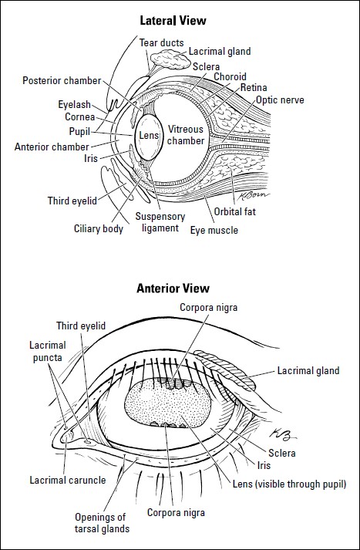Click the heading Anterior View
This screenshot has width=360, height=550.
point(173,289)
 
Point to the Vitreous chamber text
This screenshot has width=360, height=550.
point(187,136)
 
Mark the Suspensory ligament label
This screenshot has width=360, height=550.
point(157,222)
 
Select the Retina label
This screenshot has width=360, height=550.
point(254,88)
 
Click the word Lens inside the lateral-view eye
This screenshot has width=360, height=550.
point(147,136)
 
